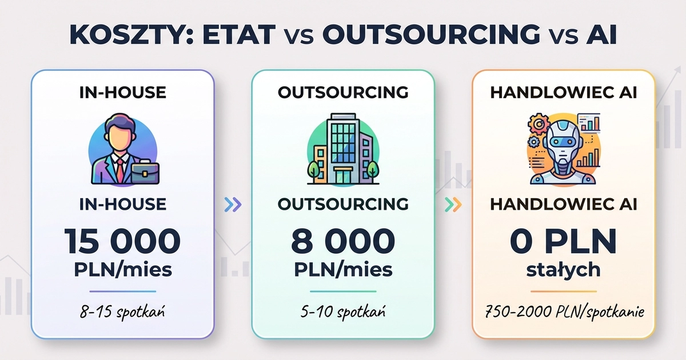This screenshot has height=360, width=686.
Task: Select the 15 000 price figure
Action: point(123,242)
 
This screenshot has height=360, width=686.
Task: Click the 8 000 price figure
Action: point(343,242)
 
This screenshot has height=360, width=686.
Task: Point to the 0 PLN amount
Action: point(563,242)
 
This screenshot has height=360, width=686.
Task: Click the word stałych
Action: point(563,269)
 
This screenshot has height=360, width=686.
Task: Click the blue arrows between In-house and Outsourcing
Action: point(233,204)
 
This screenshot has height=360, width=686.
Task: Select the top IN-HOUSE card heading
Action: point(123,93)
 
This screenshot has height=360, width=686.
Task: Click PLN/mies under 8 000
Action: point(343,269)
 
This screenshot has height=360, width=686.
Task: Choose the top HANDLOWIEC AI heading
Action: point(563,93)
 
